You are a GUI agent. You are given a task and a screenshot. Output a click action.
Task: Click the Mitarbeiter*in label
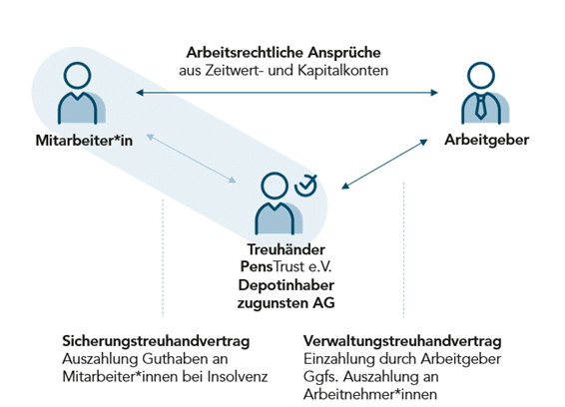pos(84,141)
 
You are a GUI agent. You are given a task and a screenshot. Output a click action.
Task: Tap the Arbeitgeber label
pos(487,140)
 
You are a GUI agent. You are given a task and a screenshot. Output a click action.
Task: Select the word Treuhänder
pos(286,249)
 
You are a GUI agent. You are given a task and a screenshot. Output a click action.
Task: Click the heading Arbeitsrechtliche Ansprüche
pos(283,53)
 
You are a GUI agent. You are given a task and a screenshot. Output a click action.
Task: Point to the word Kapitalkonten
pos(343,70)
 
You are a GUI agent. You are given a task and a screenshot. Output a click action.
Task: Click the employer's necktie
pos(481,107)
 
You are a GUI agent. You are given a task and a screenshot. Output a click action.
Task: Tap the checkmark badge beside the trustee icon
pos(305,186)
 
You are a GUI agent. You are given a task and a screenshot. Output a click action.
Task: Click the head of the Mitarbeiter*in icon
pos(77,75)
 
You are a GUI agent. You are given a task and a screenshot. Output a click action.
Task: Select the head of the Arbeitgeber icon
pos(481,75)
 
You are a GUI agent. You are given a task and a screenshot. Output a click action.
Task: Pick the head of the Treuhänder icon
pos(275,186)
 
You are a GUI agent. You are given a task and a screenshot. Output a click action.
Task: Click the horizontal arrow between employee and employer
pos(287,93)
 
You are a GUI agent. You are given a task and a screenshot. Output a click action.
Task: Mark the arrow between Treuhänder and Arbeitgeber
pos(384,165)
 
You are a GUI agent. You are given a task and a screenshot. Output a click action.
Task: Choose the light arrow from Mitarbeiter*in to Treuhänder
pos(191,159)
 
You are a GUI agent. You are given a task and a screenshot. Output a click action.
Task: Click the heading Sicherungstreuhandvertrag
pos(156,341)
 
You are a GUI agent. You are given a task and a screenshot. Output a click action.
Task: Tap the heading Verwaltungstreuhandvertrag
pos(402,341)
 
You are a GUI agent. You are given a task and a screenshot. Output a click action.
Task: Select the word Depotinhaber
pos(286,285)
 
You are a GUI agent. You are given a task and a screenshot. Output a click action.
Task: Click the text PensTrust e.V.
pos(285,267)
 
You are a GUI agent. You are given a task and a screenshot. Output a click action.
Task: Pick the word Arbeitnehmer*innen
pos(370,394)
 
